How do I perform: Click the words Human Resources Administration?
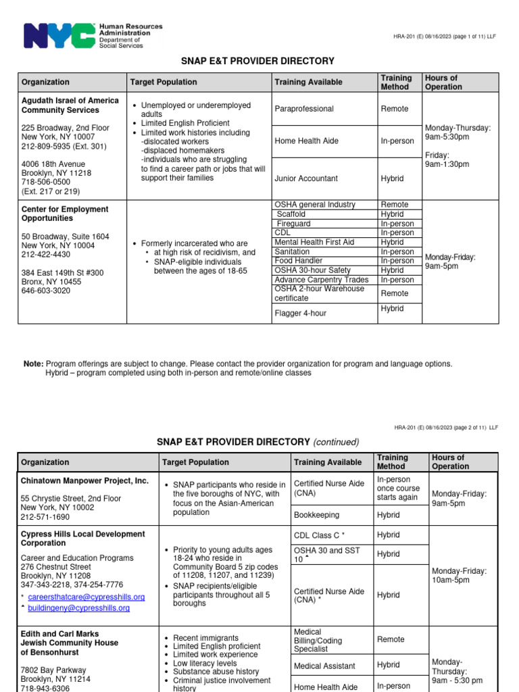pos(130,30)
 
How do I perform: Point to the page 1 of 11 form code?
pos(444,36)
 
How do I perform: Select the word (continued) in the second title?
pos(336,442)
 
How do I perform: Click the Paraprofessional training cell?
pos(304,109)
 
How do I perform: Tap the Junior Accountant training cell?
pos(305,179)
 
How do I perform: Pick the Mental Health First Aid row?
pos(314,242)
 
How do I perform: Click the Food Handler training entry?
pos(298,261)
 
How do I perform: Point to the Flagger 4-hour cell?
pos(300,313)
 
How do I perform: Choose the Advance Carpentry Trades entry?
pos(321,280)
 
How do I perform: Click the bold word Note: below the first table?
pos(33,364)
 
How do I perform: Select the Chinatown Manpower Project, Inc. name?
pos(84,480)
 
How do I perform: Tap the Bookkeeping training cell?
pos(316,515)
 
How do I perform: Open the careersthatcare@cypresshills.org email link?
pos(86,597)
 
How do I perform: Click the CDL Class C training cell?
pos(320,535)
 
